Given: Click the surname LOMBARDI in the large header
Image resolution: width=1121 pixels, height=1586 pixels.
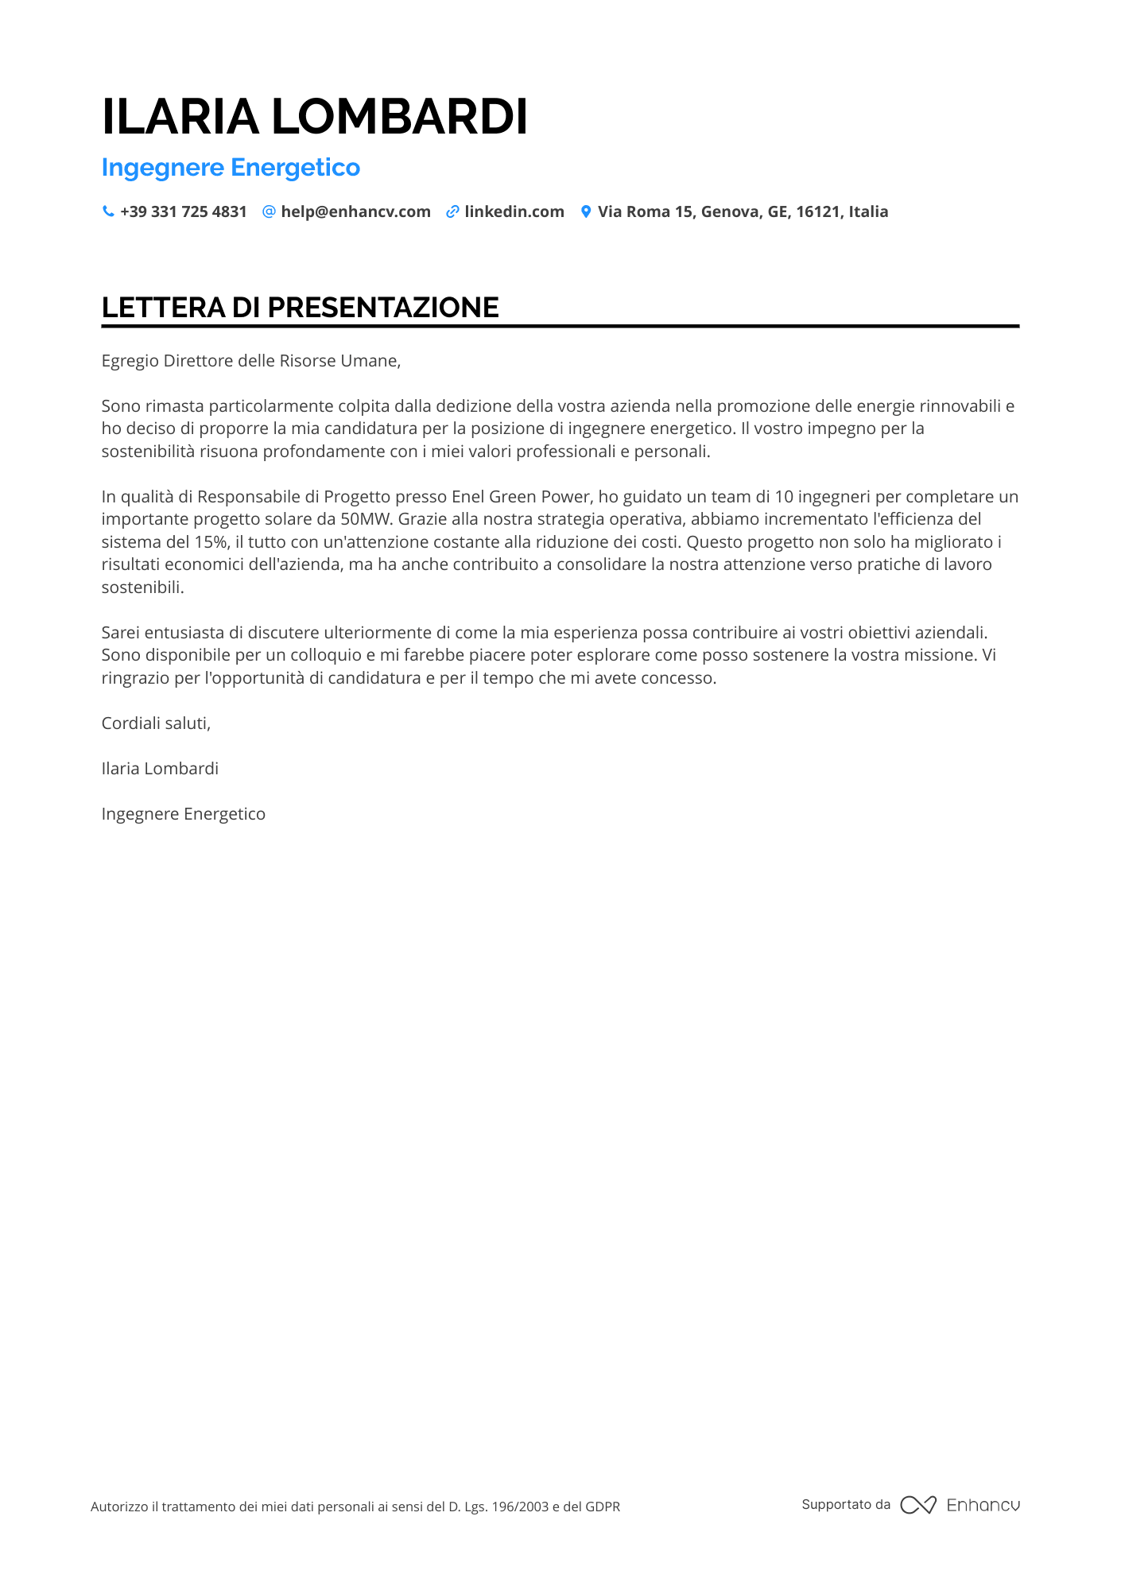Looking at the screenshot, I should tap(400, 117).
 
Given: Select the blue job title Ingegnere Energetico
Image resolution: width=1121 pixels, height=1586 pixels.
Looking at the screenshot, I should tap(231, 168).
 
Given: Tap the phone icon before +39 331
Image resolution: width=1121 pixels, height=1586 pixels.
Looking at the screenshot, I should tap(108, 211).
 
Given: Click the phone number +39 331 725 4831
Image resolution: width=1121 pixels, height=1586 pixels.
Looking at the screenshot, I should tap(184, 211).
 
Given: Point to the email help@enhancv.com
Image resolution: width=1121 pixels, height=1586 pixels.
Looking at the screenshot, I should tap(355, 211).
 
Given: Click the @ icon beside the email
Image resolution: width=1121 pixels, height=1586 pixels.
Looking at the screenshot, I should tap(269, 211).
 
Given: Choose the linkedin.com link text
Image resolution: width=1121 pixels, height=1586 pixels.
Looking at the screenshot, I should tap(514, 211).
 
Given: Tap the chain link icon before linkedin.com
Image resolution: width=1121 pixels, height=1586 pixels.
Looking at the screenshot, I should tap(452, 211).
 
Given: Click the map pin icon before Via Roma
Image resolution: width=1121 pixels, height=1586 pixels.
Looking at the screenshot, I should tap(586, 211).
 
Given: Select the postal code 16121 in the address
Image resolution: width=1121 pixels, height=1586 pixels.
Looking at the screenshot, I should tap(818, 211).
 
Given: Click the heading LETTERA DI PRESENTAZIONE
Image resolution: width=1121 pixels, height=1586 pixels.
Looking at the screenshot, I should tap(301, 308).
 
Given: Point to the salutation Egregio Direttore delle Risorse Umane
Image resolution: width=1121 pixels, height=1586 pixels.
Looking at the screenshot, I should tap(251, 361).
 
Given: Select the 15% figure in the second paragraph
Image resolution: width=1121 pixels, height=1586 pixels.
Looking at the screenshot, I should tap(211, 542).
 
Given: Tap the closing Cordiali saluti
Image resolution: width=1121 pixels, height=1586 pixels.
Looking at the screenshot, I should tap(156, 723).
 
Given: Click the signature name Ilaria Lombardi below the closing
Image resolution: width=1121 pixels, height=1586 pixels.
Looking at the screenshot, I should tap(160, 769).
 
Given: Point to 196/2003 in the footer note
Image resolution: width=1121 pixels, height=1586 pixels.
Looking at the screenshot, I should tap(520, 1507).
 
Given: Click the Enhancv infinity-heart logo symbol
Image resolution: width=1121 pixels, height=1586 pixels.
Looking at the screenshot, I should tap(917, 1505).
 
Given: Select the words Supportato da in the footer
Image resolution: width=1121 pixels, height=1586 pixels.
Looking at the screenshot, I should tap(846, 1504).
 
